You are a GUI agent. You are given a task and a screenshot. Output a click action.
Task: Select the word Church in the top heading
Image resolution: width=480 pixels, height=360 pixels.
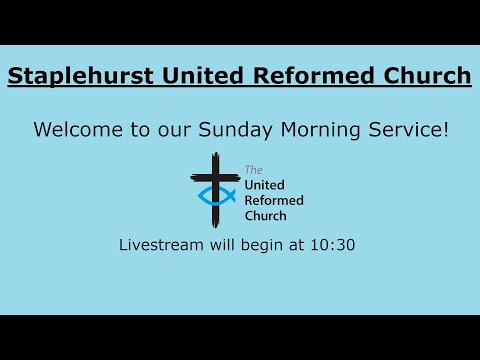pyautogui.click(x=422, y=76)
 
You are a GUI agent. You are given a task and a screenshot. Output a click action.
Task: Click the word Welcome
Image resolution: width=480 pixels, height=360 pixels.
pyautogui.click(x=76, y=130)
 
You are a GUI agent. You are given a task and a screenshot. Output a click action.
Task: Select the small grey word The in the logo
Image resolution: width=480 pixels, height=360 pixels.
pyautogui.click(x=252, y=171)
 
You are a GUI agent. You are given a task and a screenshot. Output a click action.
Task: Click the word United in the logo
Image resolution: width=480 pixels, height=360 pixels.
pyautogui.click(x=266, y=185)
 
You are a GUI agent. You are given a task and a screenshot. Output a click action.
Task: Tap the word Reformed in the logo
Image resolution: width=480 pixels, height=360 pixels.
pyautogui.click(x=274, y=200)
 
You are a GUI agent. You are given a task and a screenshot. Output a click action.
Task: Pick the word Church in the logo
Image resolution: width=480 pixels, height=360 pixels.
pyautogui.click(x=266, y=215)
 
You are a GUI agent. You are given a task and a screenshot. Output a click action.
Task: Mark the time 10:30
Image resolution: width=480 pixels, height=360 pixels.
pyautogui.click(x=334, y=245)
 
